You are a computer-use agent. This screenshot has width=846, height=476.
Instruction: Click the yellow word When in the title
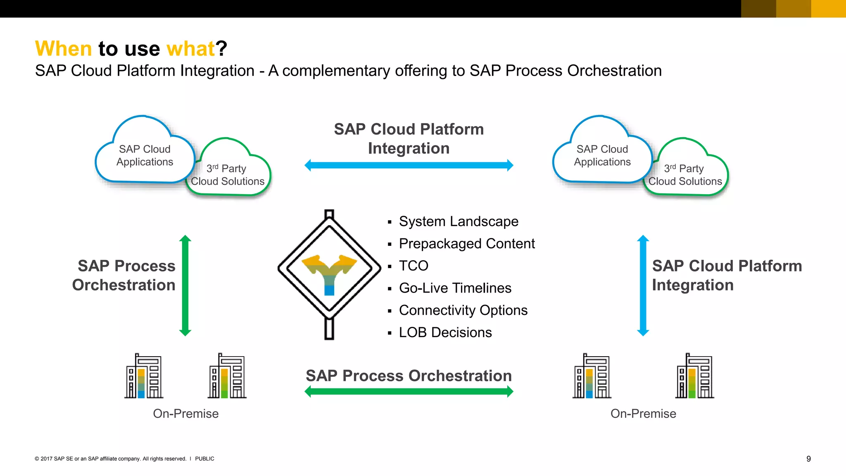[63, 49]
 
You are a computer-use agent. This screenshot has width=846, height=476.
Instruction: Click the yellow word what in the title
[190, 49]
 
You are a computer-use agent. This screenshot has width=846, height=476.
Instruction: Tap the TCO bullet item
[413, 266]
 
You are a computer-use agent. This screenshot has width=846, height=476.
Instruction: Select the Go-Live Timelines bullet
[455, 288]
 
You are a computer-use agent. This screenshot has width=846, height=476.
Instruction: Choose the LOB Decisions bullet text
[445, 332]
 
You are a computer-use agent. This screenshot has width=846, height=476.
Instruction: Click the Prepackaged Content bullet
[466, 244]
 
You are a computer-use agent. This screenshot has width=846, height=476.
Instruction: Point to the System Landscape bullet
[458, 221]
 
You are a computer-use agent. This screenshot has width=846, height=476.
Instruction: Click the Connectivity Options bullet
[463, 310]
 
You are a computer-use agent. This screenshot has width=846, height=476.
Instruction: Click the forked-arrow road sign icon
[329, 269]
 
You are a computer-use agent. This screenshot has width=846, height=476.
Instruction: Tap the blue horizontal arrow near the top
[409, 165]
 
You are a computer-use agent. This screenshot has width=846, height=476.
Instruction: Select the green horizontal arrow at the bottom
[409, 391]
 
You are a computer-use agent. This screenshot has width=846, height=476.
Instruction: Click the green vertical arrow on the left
[185, 285]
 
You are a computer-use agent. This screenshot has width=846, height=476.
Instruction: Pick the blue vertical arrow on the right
[643, 285]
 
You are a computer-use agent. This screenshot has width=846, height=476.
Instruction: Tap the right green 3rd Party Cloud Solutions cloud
[686, 174]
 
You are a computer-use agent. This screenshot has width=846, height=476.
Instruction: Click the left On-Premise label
[185, 414]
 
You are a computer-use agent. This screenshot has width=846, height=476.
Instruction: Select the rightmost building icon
[695, 376]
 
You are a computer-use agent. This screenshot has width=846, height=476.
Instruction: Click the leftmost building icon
[144, 376]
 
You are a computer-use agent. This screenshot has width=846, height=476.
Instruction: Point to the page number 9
[808, 459]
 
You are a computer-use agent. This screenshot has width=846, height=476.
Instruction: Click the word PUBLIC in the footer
[204, 459]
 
